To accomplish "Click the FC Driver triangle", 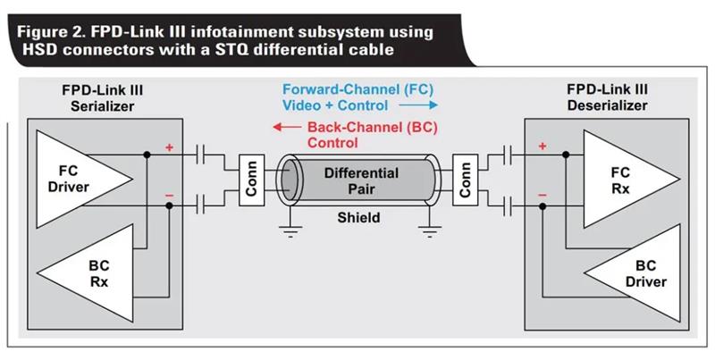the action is coord(78,179).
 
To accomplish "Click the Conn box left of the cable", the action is coord(252,180).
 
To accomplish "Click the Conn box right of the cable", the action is coord(465,180).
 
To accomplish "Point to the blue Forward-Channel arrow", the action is coord(418,105).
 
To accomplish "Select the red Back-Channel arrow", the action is coord(287,127).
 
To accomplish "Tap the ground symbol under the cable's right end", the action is coord(430,231).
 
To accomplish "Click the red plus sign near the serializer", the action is coord(169,147).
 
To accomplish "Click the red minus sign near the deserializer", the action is coord(543,196).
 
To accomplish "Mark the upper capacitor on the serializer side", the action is coord(199,155).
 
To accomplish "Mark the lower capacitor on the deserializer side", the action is coord(507,206).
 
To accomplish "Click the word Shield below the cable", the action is coord(358,218).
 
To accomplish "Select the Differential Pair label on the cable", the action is coord(361,181).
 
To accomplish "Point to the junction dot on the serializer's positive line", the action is coord(147,155).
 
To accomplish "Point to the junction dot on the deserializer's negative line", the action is coord(543,206).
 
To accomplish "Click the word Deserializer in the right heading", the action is coord(608,105).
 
